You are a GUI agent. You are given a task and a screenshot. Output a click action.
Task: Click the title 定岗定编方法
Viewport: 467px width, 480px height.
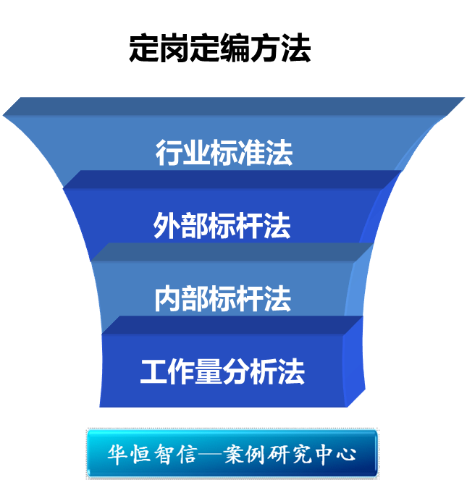click(219, 49)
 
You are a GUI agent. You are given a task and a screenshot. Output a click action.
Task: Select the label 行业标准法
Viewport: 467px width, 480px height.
click(224, 153)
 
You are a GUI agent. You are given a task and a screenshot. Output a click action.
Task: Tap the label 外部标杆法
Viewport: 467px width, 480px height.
click(222, 226)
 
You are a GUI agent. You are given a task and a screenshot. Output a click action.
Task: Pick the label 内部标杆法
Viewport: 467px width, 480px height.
click(222, 298)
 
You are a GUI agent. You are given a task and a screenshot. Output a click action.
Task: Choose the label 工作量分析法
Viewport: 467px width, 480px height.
click(222, 371)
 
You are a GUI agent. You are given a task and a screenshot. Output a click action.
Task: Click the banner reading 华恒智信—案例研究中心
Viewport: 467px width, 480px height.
click(232, 454)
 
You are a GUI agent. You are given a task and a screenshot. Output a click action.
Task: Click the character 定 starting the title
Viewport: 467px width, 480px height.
click(143, 49)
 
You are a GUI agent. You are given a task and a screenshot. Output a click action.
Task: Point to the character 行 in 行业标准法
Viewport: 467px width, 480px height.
click(169, 153)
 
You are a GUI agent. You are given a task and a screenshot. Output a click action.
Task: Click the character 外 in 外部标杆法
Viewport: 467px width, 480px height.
click(167, 226)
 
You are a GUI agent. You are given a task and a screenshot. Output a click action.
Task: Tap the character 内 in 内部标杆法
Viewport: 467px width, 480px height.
click(167, 298)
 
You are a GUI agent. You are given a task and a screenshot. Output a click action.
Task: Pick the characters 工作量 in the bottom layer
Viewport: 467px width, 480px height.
click(181, 371)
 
